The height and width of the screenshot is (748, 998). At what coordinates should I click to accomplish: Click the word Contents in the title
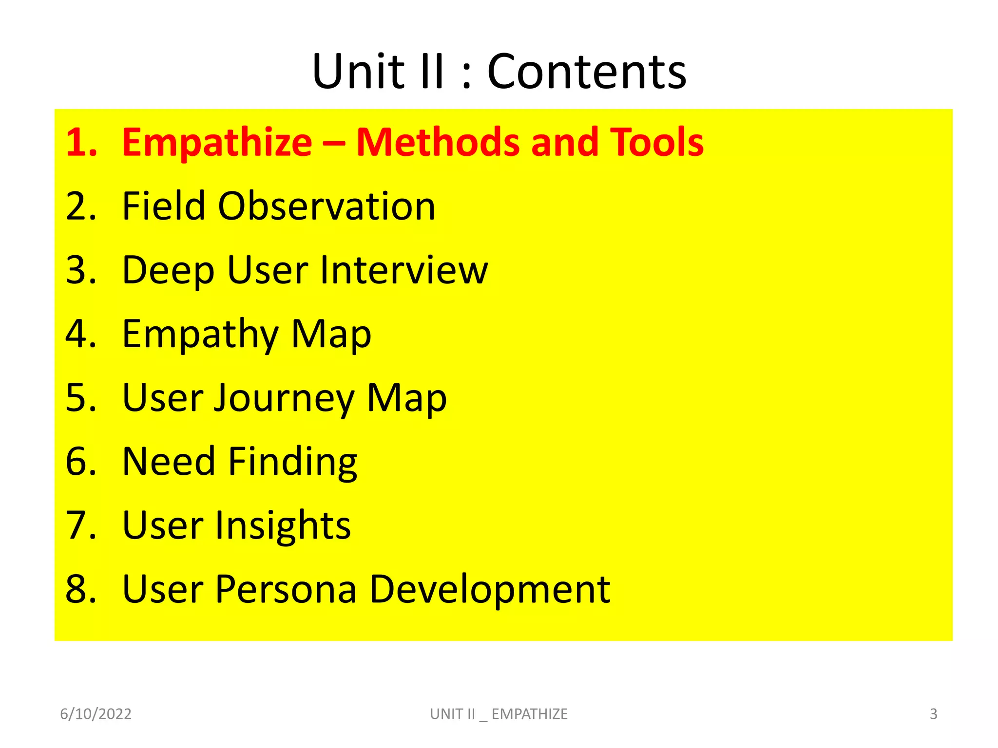[587, 72]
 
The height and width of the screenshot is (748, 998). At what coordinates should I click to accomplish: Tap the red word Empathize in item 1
[217, 142]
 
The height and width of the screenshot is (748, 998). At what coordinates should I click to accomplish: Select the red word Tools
[657, 142]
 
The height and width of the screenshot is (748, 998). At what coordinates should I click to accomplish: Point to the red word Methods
[438, 142]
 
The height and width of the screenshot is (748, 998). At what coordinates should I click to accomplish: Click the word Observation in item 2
[326, 206]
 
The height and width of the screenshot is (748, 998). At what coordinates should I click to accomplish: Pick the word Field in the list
[163, 206]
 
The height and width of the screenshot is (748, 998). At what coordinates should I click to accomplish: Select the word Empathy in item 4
[200, 335]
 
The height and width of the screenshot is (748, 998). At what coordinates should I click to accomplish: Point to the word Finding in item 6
[293, 462]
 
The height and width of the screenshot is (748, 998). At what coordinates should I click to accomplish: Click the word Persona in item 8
[286, 589]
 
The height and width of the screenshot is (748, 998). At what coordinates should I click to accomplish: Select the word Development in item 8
[490, 590]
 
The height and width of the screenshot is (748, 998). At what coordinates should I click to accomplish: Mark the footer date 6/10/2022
[96, 714]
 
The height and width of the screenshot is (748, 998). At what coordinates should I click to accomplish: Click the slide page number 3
[933, 714]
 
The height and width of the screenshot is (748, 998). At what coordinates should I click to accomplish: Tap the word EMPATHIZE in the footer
[529, 714]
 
